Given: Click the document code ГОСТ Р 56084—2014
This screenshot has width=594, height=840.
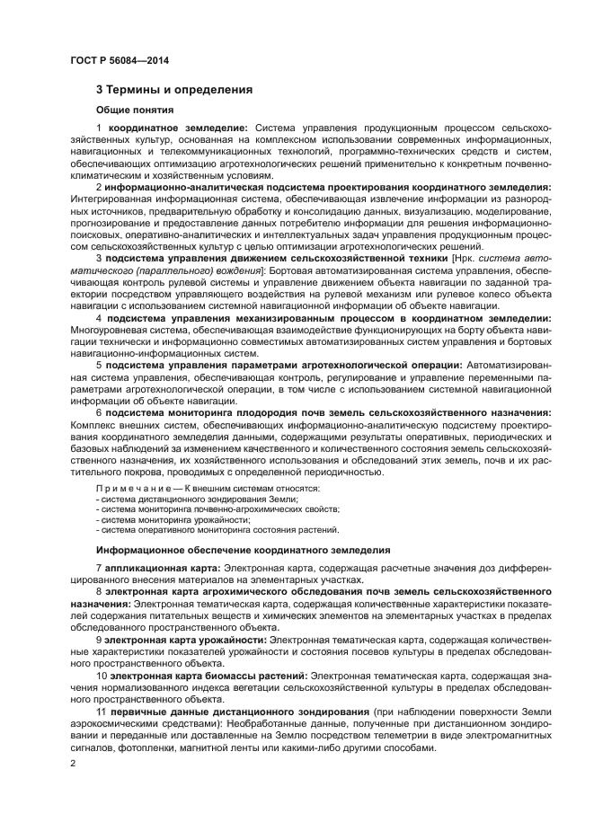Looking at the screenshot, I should tap(119, 60).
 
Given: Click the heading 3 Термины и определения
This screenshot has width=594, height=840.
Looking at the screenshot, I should tap(174, 89).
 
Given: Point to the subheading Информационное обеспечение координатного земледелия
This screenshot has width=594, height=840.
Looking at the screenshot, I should tap(243, 548).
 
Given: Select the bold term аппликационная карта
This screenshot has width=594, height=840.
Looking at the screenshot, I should tap(162, 570).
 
